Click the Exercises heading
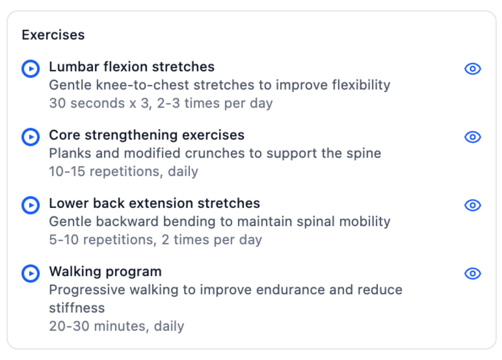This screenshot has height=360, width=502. [53, 35]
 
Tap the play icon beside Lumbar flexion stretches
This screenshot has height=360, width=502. [31, 69]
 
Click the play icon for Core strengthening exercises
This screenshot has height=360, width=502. [31, 137]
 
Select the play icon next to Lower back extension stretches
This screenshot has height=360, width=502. [31, 205]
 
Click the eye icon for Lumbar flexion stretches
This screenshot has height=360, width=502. [472, 69]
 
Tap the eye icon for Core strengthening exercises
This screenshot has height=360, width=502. [472, 137]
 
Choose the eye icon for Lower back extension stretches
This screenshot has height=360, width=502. [472, 206]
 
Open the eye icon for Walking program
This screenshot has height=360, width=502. [472, 274]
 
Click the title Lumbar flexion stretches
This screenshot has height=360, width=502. [131, 67]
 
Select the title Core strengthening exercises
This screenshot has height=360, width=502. [147, 135]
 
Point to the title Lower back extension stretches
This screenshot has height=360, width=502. [154, 203]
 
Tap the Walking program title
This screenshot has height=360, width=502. [105, 271]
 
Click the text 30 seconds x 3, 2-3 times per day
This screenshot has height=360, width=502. [161, 103]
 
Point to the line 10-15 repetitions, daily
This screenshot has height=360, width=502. [123, 171]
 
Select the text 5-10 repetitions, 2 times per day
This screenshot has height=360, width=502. [155, 240]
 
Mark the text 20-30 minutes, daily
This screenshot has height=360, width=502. [117, 326]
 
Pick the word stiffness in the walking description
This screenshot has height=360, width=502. [77, 308]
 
